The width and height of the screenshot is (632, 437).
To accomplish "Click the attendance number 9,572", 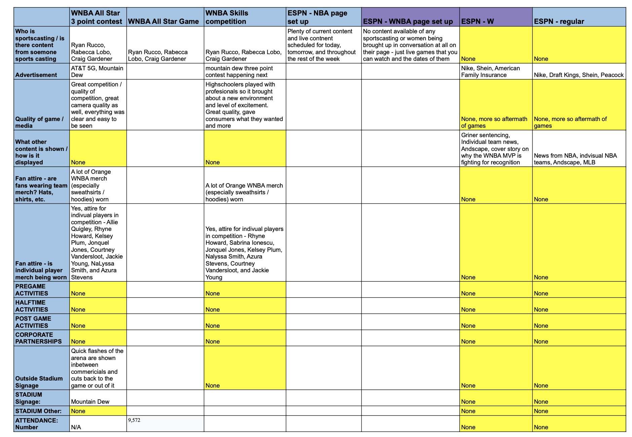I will [x=134, y=420].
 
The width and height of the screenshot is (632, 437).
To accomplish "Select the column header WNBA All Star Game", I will [x=163, y=22].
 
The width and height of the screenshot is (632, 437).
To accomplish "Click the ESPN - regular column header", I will [x=559, y=22].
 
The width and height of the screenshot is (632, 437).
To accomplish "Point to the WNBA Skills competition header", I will [x=227, y=17].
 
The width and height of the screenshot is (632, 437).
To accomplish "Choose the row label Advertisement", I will [x=36, y=75].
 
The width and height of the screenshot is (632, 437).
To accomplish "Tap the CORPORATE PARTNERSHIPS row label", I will [x=38, y=338].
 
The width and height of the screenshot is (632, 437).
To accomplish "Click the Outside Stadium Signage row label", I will [x=39, y=382].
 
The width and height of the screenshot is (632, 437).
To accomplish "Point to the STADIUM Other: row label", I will [x=38, y=411].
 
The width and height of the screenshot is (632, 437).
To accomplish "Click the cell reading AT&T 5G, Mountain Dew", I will [x=97, y=72].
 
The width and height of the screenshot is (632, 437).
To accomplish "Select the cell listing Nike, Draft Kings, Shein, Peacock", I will [x=579, y=75].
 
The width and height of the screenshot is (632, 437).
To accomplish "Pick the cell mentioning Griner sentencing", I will [x=495, y=149].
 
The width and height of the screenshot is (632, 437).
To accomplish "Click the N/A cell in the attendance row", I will [x=76, y=427].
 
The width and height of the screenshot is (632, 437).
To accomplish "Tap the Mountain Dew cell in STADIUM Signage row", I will [x=90, y=402].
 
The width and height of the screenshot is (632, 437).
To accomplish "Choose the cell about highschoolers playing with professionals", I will [x=244, y=105].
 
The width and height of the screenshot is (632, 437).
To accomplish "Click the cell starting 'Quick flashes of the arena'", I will [x=97, y=368].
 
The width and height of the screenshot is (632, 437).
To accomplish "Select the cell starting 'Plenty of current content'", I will [x=321, y=45].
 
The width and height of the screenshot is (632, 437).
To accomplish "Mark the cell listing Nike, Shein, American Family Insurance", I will [x=490, y=72].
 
